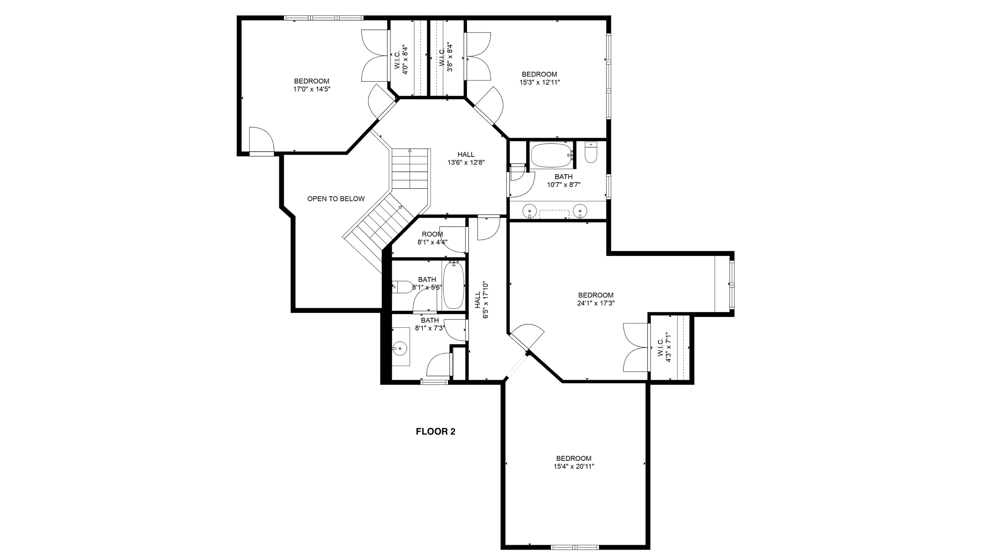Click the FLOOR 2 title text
pos(435,432)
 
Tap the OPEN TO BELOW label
pos(336,199)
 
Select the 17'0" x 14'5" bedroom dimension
pos(312,89)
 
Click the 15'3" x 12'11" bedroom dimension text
pos(539,82)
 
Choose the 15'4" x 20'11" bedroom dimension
pos(574,467)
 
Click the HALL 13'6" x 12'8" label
pos(466,158)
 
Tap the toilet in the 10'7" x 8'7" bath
pos(591,153)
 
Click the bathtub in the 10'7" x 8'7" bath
pos(551,155)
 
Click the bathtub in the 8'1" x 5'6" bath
pos(454,285)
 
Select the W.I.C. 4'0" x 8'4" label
pos(401,60)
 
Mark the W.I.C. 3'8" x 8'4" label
pos(446,57)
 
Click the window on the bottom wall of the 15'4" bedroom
pos(574,547)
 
